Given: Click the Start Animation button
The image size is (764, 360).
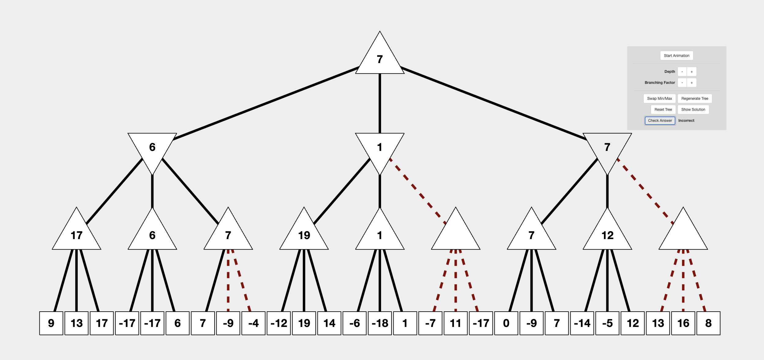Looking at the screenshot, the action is (676, 56).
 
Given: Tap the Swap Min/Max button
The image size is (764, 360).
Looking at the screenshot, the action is (659, 99).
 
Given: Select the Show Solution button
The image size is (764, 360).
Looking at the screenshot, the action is (693, 110).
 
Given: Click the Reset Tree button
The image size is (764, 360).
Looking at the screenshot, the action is (663, 110).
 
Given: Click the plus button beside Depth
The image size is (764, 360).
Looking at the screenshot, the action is (691, 72).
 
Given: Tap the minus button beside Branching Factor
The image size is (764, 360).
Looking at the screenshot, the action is (682, 83).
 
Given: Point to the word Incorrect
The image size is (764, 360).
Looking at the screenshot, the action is (686, 121).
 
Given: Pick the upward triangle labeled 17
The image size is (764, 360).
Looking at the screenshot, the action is (77, 234).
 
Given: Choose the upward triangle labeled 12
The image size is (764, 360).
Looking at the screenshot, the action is (607, 234).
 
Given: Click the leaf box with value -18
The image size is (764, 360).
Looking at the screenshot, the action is (380, 323).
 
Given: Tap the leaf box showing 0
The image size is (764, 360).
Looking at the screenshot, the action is (506, 323).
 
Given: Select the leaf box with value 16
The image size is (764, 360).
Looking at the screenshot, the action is (683, 323).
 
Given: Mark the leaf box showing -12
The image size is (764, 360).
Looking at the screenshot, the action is (279, 323).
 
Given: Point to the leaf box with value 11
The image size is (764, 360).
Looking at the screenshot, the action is (455, 323).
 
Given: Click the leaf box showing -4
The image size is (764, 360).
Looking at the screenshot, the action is (253, 323).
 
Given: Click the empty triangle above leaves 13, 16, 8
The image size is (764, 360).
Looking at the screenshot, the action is (683, 234).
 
